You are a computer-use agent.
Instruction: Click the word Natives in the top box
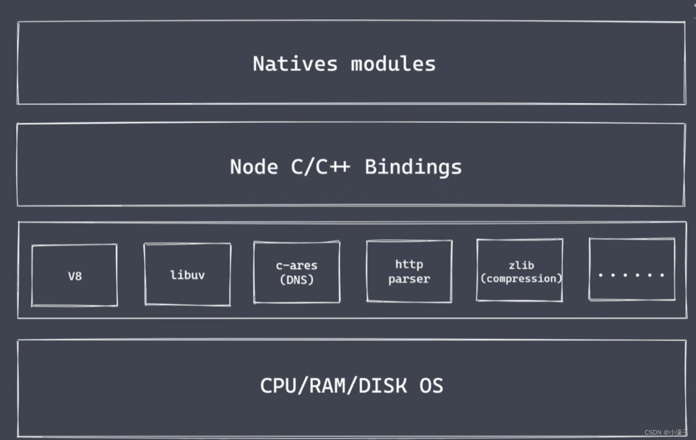point(295,64)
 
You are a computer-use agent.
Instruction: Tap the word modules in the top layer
point(393,64)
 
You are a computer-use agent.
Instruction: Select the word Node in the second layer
point(254,167)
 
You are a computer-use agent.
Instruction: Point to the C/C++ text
point(320,167)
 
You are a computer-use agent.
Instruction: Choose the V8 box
point(74,275)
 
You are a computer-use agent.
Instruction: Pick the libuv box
point(187,274)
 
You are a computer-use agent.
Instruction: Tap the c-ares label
point(297,266)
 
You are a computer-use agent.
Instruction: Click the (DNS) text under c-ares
point(297,280)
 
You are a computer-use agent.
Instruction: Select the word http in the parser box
point(409,264)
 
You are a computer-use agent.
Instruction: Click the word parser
point(409,279)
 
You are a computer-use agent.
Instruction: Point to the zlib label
point(521,265)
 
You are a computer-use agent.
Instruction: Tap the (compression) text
point(521,278)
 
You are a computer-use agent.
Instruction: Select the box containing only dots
point(632,269)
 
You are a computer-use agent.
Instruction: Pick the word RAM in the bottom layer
point(328,386)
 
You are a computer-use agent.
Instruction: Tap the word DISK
point(383,386)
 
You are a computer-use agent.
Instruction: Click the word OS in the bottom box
point(431,386)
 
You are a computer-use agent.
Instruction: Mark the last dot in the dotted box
point(662,275)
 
